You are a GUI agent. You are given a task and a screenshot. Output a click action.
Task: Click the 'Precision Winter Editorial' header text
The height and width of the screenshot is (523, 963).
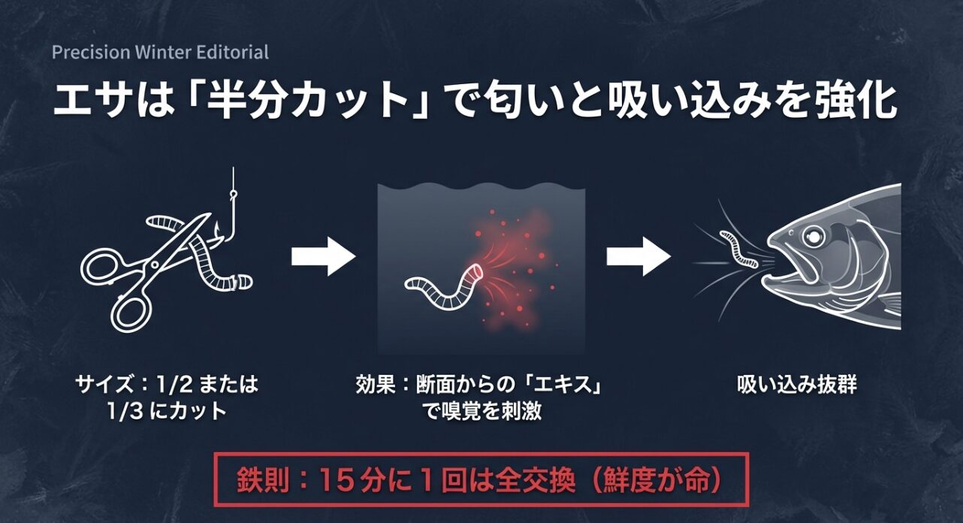point(160,53)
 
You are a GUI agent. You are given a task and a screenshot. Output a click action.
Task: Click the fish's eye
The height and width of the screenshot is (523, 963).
point(813,237)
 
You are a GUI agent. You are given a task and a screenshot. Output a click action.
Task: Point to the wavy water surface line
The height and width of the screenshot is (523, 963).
point(481,186)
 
